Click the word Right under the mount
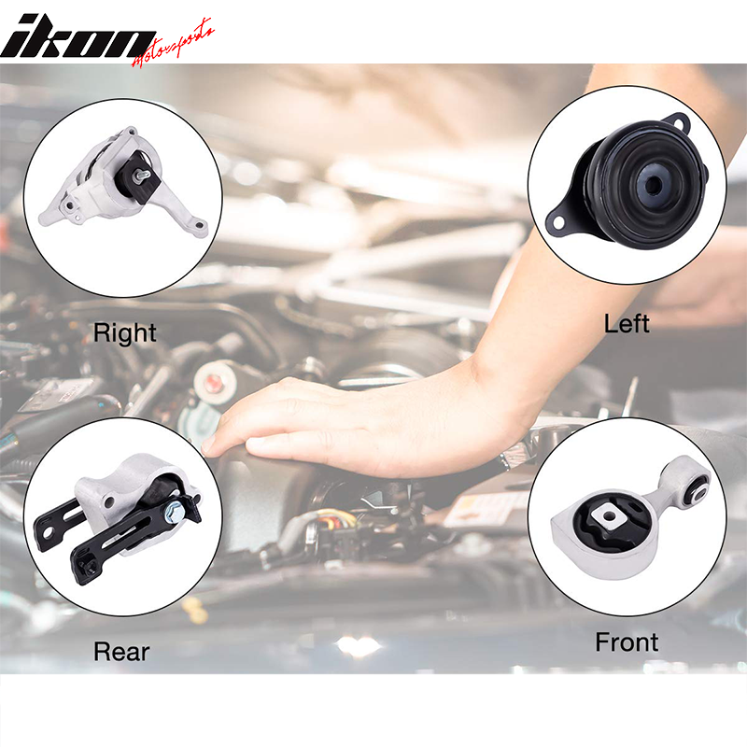pyautogui.click(x=124, y=333)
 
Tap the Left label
pyautogui.click(x=627, y=324)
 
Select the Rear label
pyautogui.click(x=121, y=652)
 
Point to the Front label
pyautogui.click(x=627, y=642)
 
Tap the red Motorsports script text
pyautogui.click(x=173, y=45)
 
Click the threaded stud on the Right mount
pyautogui.click(x=143, y=176)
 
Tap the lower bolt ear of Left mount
pyautogui.click(x=557, y=222)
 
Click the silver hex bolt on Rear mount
pyautogui.click(x=171, y=514)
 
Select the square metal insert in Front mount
pyautogui.click(x=609, y=515)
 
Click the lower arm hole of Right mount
pyautogui.click(x=199, y=225)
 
